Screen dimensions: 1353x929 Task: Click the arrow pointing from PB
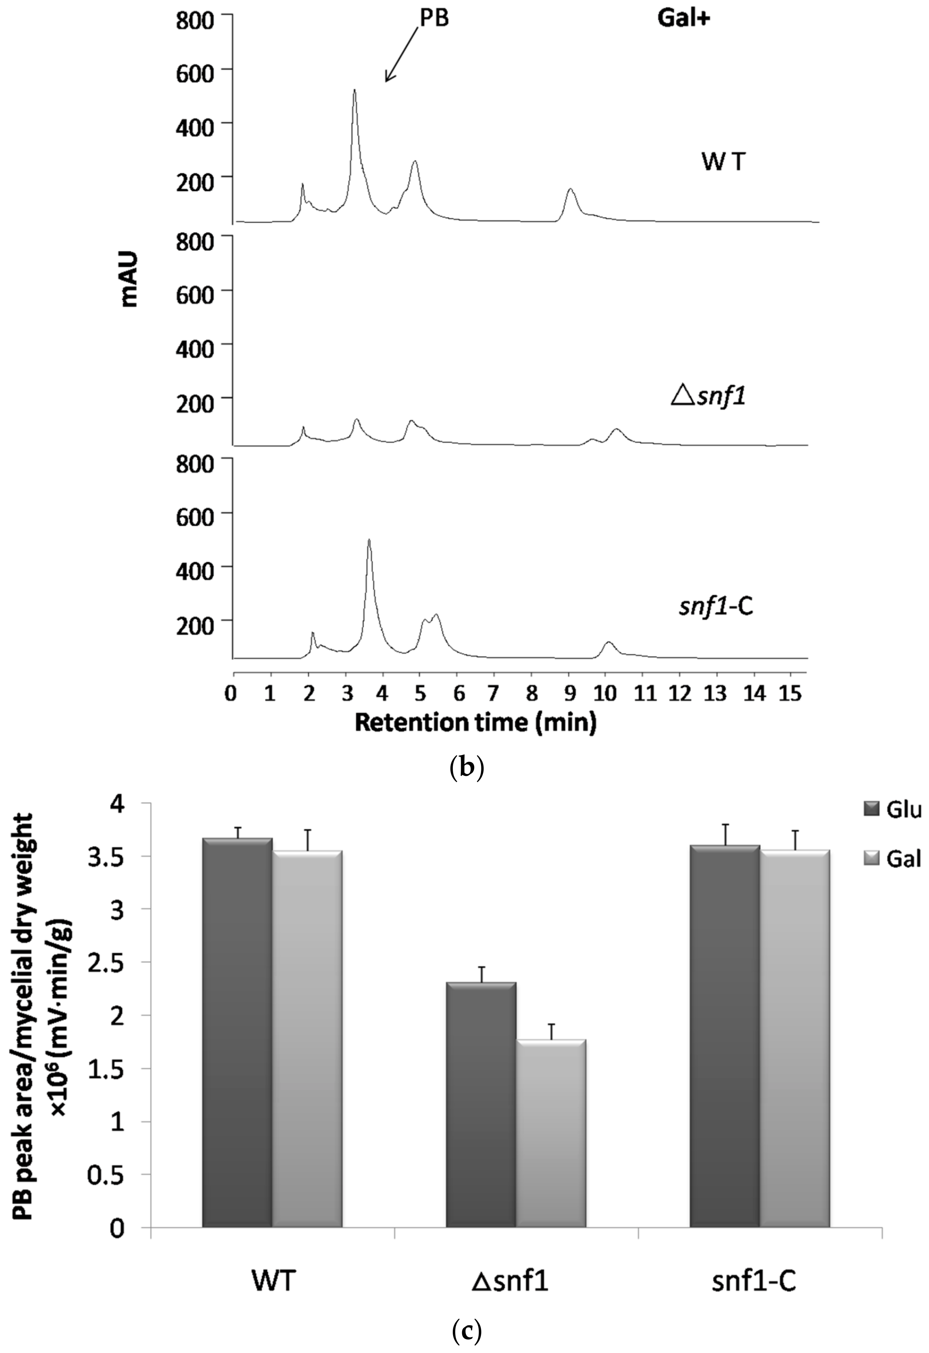[401, 55]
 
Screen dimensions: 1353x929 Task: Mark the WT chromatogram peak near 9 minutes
[570, 190]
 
